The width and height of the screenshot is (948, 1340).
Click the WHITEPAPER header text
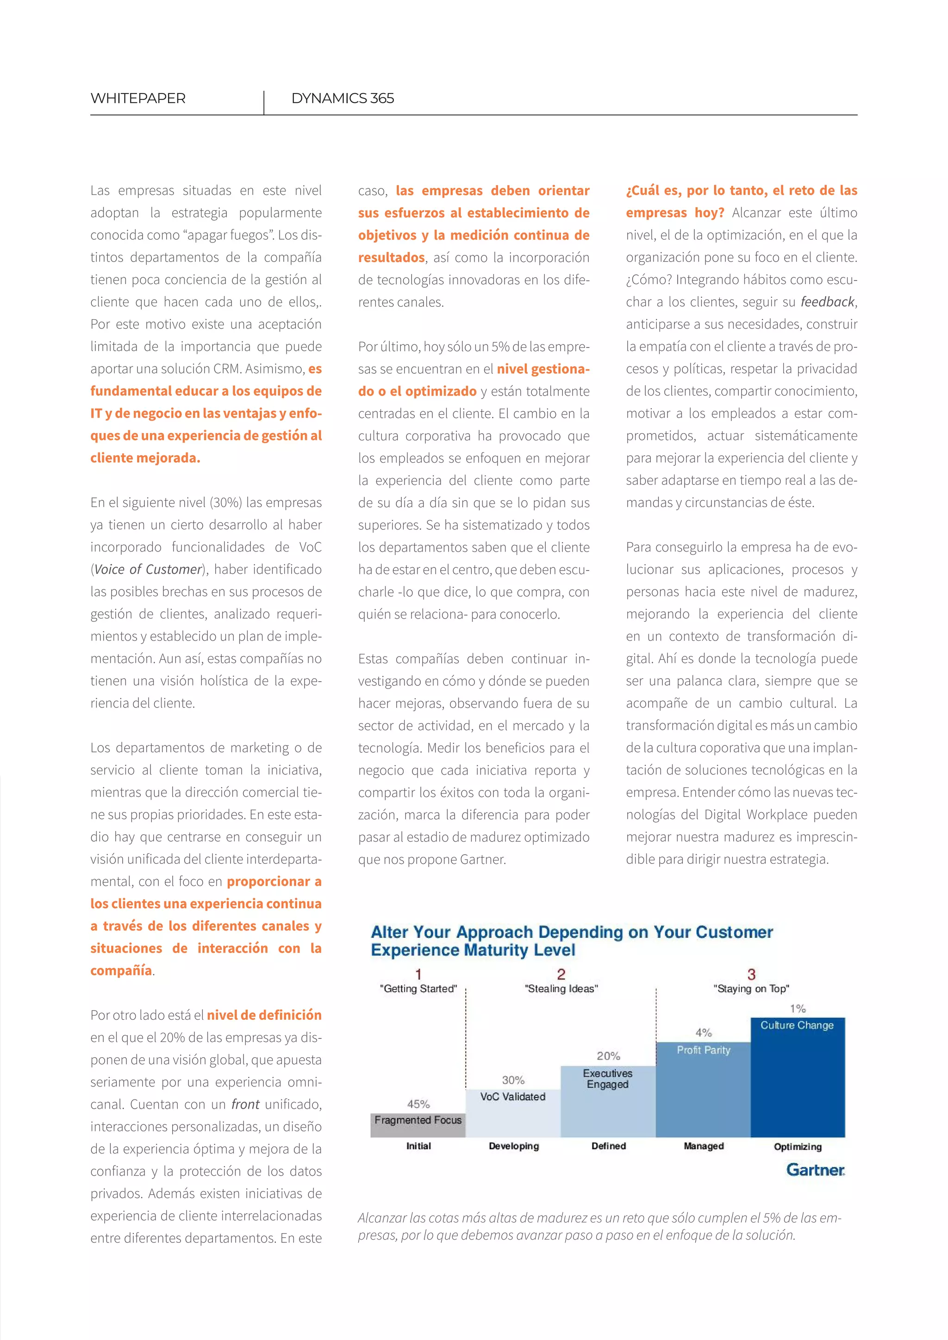click(x=138, y=98)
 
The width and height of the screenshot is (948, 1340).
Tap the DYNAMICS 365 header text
click(x=342, y=98)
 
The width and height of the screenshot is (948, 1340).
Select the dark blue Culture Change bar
click(x=798, y=1086)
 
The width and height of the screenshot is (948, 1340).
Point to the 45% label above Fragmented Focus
click(x=418, y=1104)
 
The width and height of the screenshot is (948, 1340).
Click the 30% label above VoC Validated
click(x=513, y=1080)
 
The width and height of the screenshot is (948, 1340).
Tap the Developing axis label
click(x=514, y=1146)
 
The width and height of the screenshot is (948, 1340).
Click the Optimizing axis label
click(x=798, y=1147)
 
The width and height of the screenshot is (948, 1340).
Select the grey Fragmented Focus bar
click(x=418, y=1125)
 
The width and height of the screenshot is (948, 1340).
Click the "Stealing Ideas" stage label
click(x=561, y=989)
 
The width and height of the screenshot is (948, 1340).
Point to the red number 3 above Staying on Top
click(x=751, y=974)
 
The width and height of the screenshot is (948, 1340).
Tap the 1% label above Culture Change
click(x=798, y=1009)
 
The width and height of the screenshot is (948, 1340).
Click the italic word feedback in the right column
click(x=827, y=302)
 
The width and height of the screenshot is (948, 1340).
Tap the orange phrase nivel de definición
click(x=264, y=1015)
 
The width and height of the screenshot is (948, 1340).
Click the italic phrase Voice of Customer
click(x=148, y=570)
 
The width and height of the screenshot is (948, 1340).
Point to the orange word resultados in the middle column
click(x=391, y=257)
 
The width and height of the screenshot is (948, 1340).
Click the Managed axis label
click(x=704, y=1146)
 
